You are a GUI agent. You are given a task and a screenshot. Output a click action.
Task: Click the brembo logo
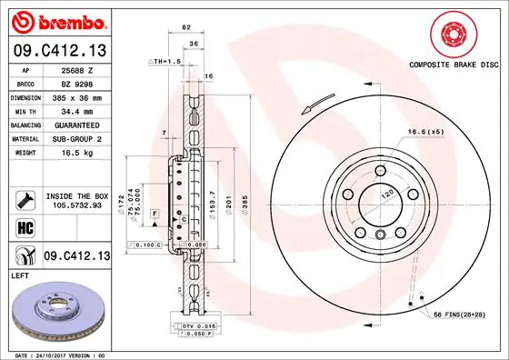pos(57,19)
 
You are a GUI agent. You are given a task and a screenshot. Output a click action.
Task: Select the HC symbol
pos(25,226)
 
